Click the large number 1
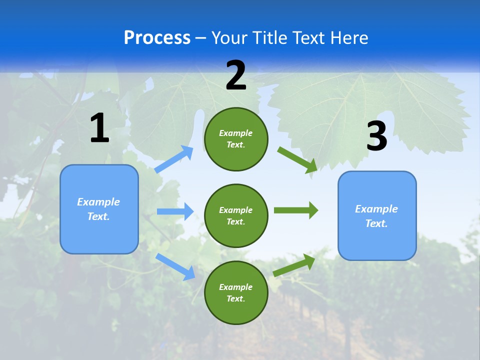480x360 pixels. point(99,128)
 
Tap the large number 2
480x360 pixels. point(236,75)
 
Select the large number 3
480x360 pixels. point(377,136)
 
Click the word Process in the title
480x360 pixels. point(157,37)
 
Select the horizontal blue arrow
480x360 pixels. point(175,211)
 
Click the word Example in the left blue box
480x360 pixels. point(98,202)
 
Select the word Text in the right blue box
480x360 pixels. point(376,223)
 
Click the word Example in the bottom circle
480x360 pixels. point(235,287)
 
